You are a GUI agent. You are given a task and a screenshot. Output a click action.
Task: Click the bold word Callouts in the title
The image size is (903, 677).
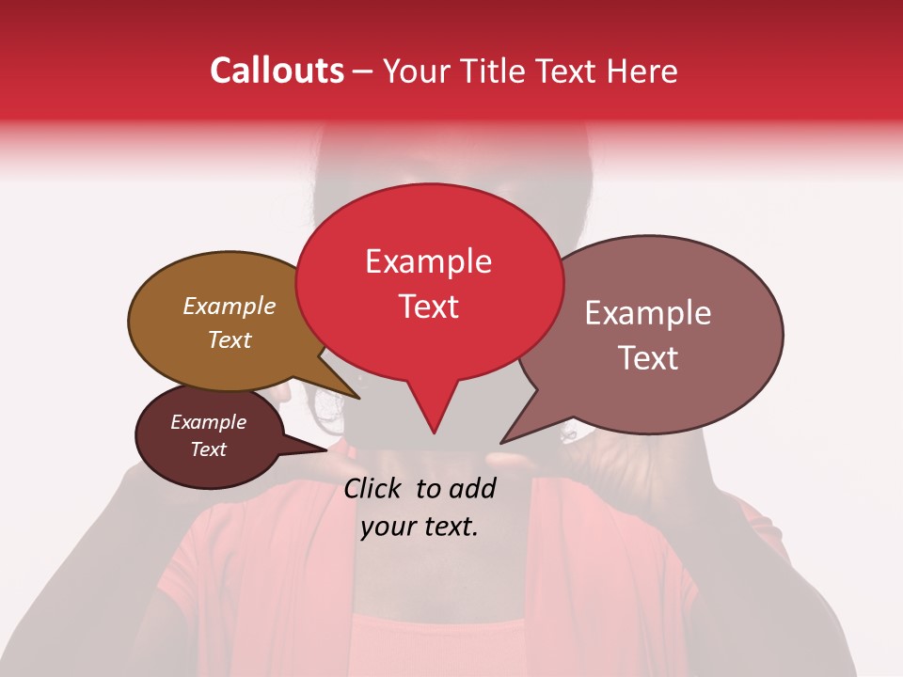pos(277,71)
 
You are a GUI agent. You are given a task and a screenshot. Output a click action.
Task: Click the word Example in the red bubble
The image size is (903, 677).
pos(428,261)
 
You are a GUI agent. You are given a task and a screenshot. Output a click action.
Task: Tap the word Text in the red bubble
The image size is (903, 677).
pos(428,307)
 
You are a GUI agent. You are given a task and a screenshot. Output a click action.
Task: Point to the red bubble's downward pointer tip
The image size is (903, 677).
pos(434,433)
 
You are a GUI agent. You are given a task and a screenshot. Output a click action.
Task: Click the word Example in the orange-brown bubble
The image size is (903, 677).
pos(229,307)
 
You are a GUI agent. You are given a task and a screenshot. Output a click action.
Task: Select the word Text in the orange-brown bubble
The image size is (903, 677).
pos(229,339)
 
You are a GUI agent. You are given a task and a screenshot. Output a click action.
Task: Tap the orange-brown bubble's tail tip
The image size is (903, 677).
pos(358,398)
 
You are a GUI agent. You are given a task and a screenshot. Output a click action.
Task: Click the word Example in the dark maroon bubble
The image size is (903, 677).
pos(208,422)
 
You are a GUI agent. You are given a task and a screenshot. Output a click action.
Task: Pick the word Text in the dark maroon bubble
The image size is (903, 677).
pos(208,449)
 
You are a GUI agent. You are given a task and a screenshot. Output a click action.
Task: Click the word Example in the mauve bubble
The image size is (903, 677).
pos(647,313)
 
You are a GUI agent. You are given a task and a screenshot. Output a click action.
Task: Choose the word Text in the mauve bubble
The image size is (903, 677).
pos(647,358)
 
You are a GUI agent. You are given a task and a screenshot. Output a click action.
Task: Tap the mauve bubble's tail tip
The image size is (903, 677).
pos(502,442)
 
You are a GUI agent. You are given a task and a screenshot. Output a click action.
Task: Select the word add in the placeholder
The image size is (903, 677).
pos(472,488)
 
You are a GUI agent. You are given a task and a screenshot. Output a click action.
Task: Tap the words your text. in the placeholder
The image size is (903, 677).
pos(420,527)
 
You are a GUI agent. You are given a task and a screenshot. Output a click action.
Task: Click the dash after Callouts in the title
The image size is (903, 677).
pos(363,71)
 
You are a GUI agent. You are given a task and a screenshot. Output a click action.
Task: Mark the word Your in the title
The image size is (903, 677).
pos(410,71)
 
